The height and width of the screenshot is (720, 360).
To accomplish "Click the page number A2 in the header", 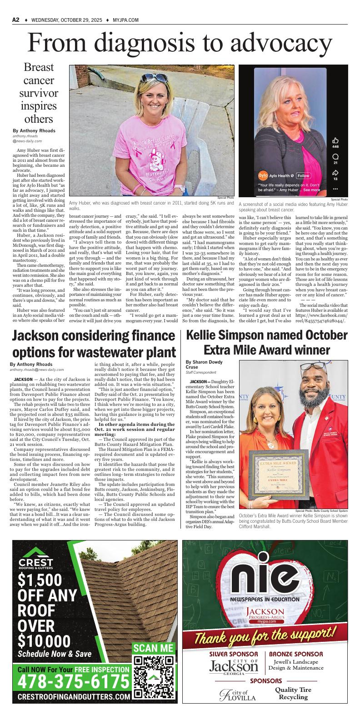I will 16,20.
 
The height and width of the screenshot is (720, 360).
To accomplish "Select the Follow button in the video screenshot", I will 303,175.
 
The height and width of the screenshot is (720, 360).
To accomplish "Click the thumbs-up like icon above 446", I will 335,140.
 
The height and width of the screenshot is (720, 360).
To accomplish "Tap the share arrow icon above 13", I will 335,172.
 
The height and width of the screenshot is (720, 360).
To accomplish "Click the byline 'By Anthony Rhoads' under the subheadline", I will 34,130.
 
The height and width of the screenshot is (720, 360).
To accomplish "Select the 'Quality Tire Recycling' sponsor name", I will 293,693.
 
